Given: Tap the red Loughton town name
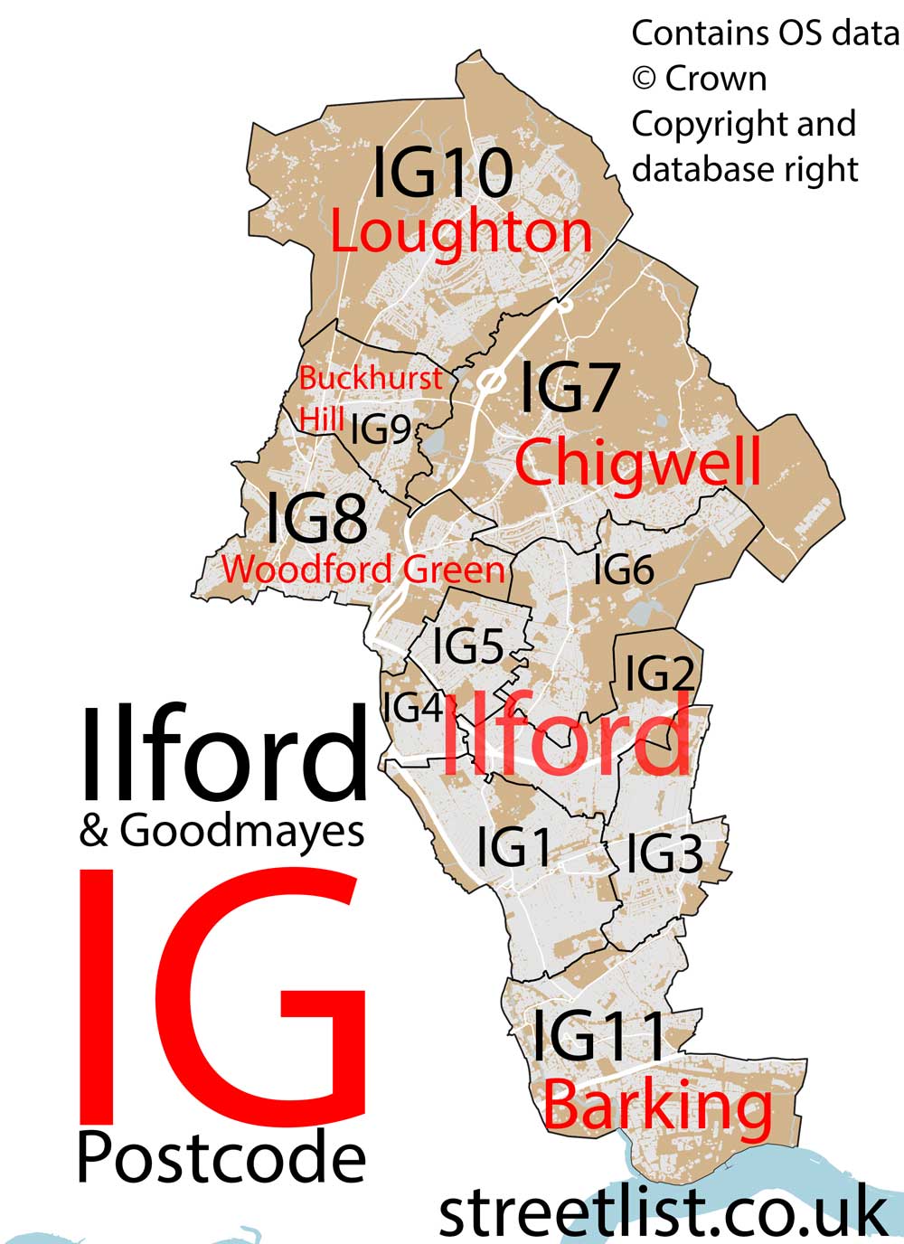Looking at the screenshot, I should coord(460,232).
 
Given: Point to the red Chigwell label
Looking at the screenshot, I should coord(637,463).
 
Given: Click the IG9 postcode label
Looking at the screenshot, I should coord(381,429).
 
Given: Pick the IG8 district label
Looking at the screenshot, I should coord(316,518).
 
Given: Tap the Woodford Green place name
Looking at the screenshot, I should coord(363,570).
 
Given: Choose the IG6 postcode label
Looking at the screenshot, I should coord(623,570).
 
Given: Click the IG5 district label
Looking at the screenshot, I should coord(467,646).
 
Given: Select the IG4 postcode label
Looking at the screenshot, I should coord(413,708).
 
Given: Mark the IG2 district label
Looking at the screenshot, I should coord(659,673).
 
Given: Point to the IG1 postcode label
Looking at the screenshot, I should coord(513,848).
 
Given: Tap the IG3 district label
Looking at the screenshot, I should coord(664,853).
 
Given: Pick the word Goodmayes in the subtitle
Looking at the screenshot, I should coord(241,831).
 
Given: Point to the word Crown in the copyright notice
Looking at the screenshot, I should coord(715,79).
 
